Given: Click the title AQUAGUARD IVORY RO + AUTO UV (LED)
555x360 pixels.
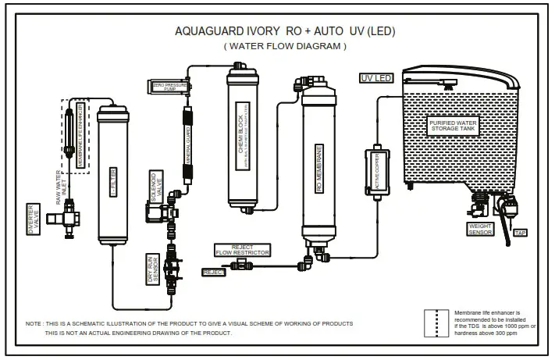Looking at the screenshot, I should point(285,32).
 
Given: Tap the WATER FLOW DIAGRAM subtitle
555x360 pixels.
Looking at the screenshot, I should point(285,47).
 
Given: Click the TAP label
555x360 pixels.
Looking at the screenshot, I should point(519,232).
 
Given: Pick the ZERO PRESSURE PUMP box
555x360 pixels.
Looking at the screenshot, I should point(169,85).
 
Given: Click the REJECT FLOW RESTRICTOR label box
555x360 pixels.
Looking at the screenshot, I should point(243,249).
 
